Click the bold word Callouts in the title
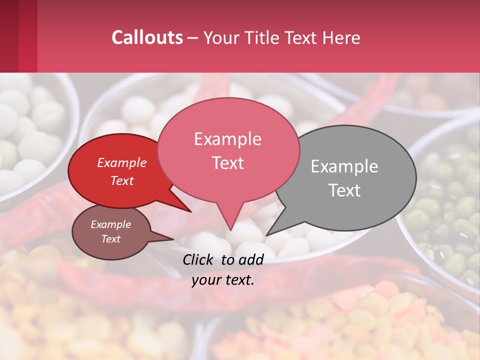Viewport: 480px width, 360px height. click(x=147, y=37)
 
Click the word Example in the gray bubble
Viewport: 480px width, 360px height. click(x=344, y=166)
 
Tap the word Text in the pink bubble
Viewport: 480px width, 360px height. click(x=227, y=163)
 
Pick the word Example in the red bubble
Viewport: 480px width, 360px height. click(x=122, y=162)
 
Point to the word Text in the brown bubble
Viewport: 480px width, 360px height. click(x=111, y=239)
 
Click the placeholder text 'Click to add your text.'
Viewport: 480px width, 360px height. click(x=223, y=269)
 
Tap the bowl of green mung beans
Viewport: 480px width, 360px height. click(x=445, y=210)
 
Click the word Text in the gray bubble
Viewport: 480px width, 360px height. click(x=345, y=190)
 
